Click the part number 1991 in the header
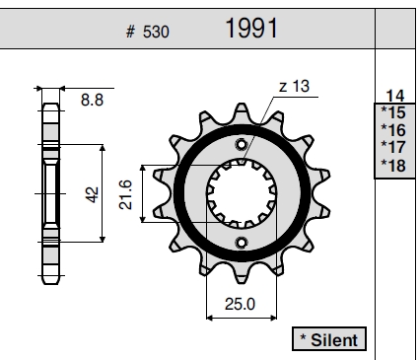251,29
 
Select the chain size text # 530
148,32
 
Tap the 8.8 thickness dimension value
92,100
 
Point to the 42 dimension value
92,194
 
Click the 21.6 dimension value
125,194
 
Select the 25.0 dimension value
240,304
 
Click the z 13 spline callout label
294,86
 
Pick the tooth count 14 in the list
395,96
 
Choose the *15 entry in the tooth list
393,112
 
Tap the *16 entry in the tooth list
393,130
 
